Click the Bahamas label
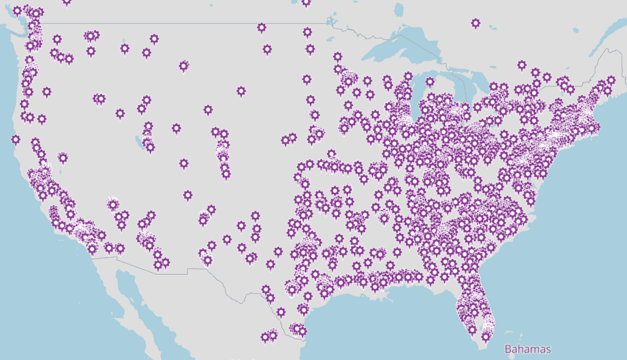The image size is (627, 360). (527, 350)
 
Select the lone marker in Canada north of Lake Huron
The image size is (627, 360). (476, 23)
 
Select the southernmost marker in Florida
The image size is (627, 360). (486, 336)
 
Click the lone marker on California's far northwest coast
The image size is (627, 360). (16, 139)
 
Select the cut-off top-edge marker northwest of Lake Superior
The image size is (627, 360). (306, 2)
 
